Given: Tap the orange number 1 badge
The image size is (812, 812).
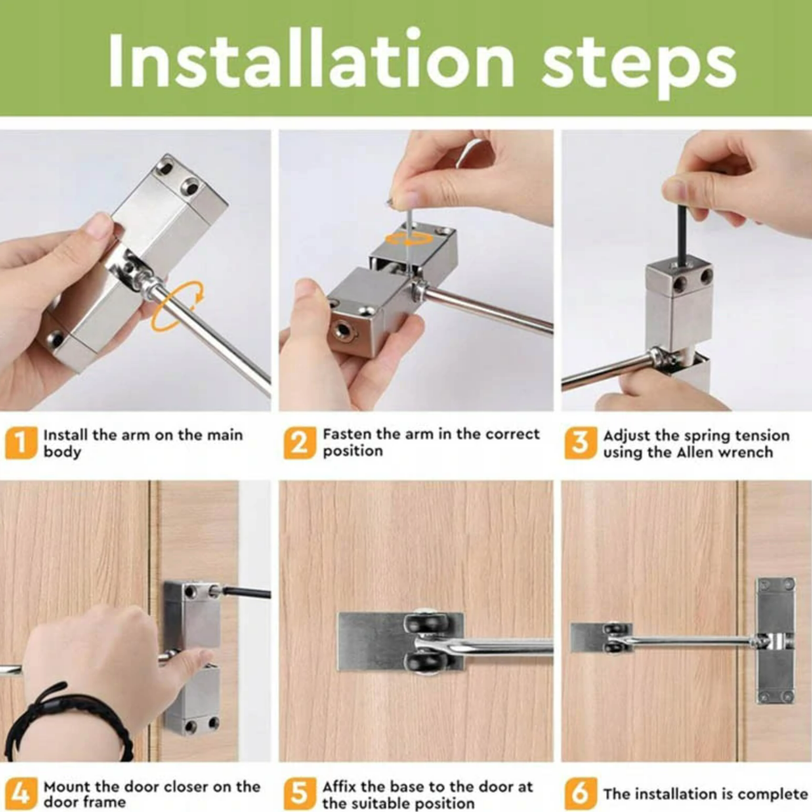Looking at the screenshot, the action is tap(21, 443).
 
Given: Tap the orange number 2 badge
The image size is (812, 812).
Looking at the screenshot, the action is tap(300, 443).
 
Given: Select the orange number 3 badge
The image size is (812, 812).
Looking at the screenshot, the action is tap(580, 443).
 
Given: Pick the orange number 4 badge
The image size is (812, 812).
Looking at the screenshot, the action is tap(21, 793).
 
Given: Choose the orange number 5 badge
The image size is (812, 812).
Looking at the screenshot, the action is tap(300, 793).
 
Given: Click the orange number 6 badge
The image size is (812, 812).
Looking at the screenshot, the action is tap(580, 793).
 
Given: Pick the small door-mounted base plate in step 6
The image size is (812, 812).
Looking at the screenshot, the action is tap(601, 638).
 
